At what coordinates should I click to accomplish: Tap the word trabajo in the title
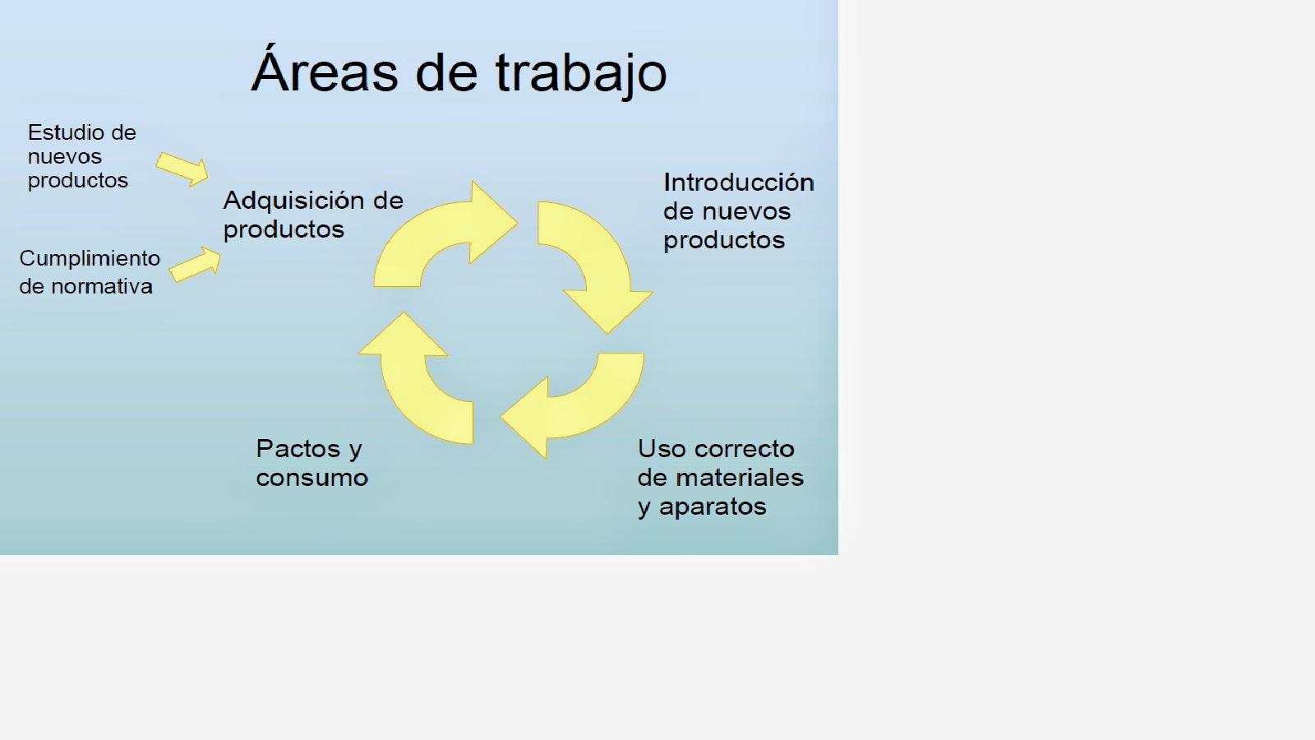tap(581, 75)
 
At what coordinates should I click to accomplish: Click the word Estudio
tap(66, 132)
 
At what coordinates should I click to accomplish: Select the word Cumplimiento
tap(90, 258)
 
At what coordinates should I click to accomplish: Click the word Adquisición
tap(293, 201)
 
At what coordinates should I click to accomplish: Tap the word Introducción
tap(739, 183)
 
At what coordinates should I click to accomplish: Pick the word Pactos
tap(298, 449)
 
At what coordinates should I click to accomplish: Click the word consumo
tap(312, 478)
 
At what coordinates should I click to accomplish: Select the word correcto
tap(745, 449)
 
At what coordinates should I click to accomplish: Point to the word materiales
tap(740, 478)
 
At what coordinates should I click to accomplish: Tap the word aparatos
tap(713, 506)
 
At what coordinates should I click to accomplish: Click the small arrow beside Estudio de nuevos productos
tap(182, 169)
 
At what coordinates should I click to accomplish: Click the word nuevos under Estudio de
tap(65, 157)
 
